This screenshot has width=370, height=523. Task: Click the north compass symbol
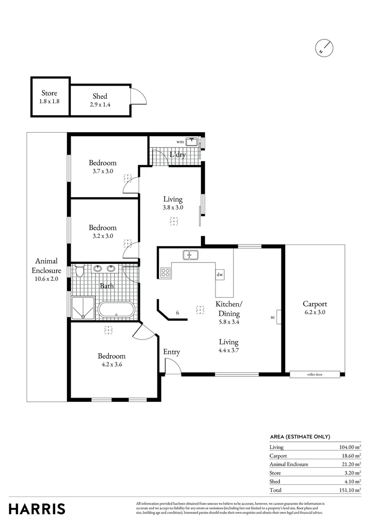pyautogui.click(x=325, y=48)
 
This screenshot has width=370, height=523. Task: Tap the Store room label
pyautogui.click(x=49, y=97)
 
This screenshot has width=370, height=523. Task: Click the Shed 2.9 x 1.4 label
pyautogui.click(x=100, y=100)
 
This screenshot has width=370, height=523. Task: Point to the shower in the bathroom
pyautogui.click(x=83, y=308)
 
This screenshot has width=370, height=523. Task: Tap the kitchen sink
pyautogui.click(x=190, y=255)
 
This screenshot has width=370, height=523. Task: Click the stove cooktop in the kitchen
pyautogui.click(x=166, y=273)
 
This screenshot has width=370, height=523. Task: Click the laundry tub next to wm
pyautogui.click(x=193, y=142)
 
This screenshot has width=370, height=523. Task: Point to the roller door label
pyautogui.click(x=315, y=374)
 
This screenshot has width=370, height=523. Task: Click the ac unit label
pyautogui.click(x=273, y=318)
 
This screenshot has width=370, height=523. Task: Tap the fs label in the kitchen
pyautogui.click(x=178, y=313)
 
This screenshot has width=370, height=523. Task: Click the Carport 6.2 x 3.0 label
pyautogui.click(x=315, y=308)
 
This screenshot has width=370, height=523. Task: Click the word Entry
pyautogui.click(x=171, y=352)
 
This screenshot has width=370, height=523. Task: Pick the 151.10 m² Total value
pyautogui.click(x=350, y=490)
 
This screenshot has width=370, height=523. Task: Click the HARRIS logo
pyautogui.click(x=37, y=509)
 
